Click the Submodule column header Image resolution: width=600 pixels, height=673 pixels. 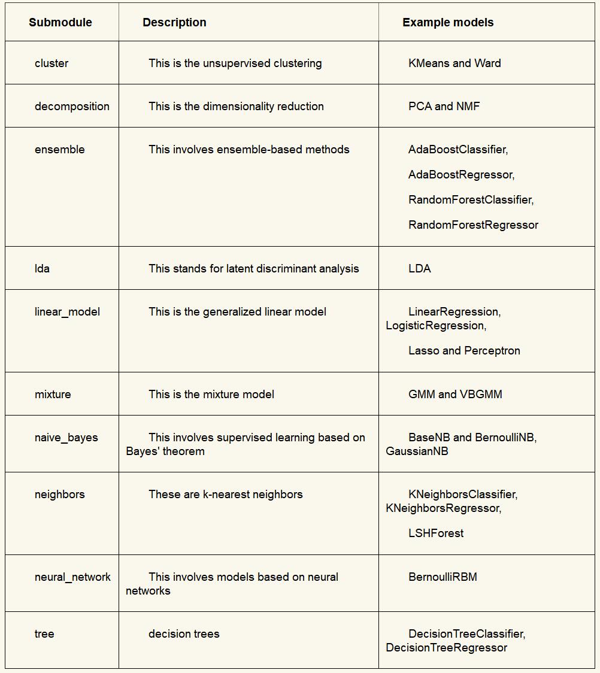tap(60, 23)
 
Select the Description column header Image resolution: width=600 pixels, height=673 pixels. tap(174, 23)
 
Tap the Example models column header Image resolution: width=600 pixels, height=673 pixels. tap(448, 23)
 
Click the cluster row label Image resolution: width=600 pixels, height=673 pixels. tap(51, 63)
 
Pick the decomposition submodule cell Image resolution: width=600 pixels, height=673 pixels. tap(72, 107)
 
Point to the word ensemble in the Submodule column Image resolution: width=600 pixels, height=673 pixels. tap(60, 150)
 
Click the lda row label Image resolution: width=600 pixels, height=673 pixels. tap(42, 269)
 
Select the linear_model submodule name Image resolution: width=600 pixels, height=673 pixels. tap(67, 312)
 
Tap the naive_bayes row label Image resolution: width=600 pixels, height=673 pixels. tap(66, 438)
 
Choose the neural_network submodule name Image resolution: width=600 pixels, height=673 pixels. tap(72, 577)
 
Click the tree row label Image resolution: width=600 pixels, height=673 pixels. tap(44, 634)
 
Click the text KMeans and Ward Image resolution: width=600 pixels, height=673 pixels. tap(454, 63)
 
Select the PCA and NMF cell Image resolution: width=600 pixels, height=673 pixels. tap(444, 107)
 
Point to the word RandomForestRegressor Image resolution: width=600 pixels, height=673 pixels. tap(473, 225)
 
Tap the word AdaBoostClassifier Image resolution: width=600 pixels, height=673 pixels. tap(457, 150)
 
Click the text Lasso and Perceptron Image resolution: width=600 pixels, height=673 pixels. tap(464, 351)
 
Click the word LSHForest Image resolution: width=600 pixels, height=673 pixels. tap(436, 533)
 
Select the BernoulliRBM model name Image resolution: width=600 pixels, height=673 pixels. tap(443, 577)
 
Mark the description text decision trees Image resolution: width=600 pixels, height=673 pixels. tap(184, 634)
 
